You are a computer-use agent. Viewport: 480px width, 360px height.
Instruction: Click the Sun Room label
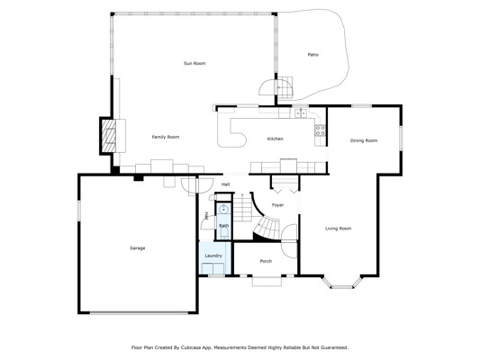195,63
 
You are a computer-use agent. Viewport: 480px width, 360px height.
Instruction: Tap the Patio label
312,55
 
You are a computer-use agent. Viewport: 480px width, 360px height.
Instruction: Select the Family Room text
166,137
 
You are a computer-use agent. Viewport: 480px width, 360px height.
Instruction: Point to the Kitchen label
276,139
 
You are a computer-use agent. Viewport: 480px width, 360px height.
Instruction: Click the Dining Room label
364,140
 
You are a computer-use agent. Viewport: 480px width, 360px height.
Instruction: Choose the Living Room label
338,229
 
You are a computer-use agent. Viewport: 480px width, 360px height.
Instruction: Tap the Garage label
137,248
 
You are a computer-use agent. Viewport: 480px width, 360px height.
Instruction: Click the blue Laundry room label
213,256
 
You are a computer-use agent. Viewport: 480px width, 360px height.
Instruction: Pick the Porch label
266,261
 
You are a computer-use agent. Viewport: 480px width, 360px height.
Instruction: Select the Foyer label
277,205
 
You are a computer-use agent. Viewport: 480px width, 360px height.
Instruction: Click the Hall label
226,184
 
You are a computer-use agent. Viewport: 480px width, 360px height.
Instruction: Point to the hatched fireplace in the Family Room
108,136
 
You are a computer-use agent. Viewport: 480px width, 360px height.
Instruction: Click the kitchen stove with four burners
321,130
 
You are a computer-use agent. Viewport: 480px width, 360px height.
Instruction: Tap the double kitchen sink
300,113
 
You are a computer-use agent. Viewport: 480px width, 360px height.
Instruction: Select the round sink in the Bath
223,209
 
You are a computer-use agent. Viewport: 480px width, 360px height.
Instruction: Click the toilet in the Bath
224,231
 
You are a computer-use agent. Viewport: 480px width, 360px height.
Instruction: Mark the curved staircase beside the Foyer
267,227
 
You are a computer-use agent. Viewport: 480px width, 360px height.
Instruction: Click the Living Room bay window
341,283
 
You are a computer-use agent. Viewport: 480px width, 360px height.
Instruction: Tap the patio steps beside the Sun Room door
285,87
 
